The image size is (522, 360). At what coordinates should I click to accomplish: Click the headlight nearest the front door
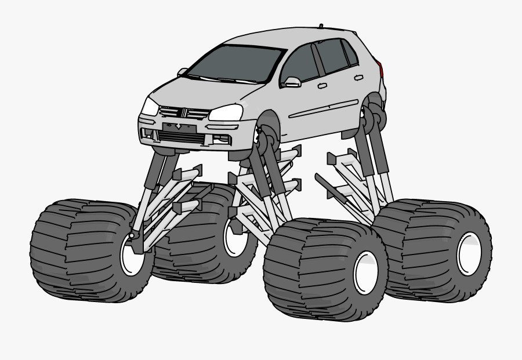click(x=226, y=112)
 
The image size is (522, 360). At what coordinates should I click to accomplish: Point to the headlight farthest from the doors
click(x=149, y=107)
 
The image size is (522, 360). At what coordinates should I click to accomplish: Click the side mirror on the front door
click(x=292, y=82)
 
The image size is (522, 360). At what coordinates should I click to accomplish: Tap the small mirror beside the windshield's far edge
click(x=183, y=72)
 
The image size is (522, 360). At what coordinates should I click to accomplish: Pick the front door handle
click(x=322, y=86)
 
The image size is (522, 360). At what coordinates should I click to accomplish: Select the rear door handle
click(x=359, y=77)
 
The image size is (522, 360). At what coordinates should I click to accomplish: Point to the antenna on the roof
click(x=321, y=26)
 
